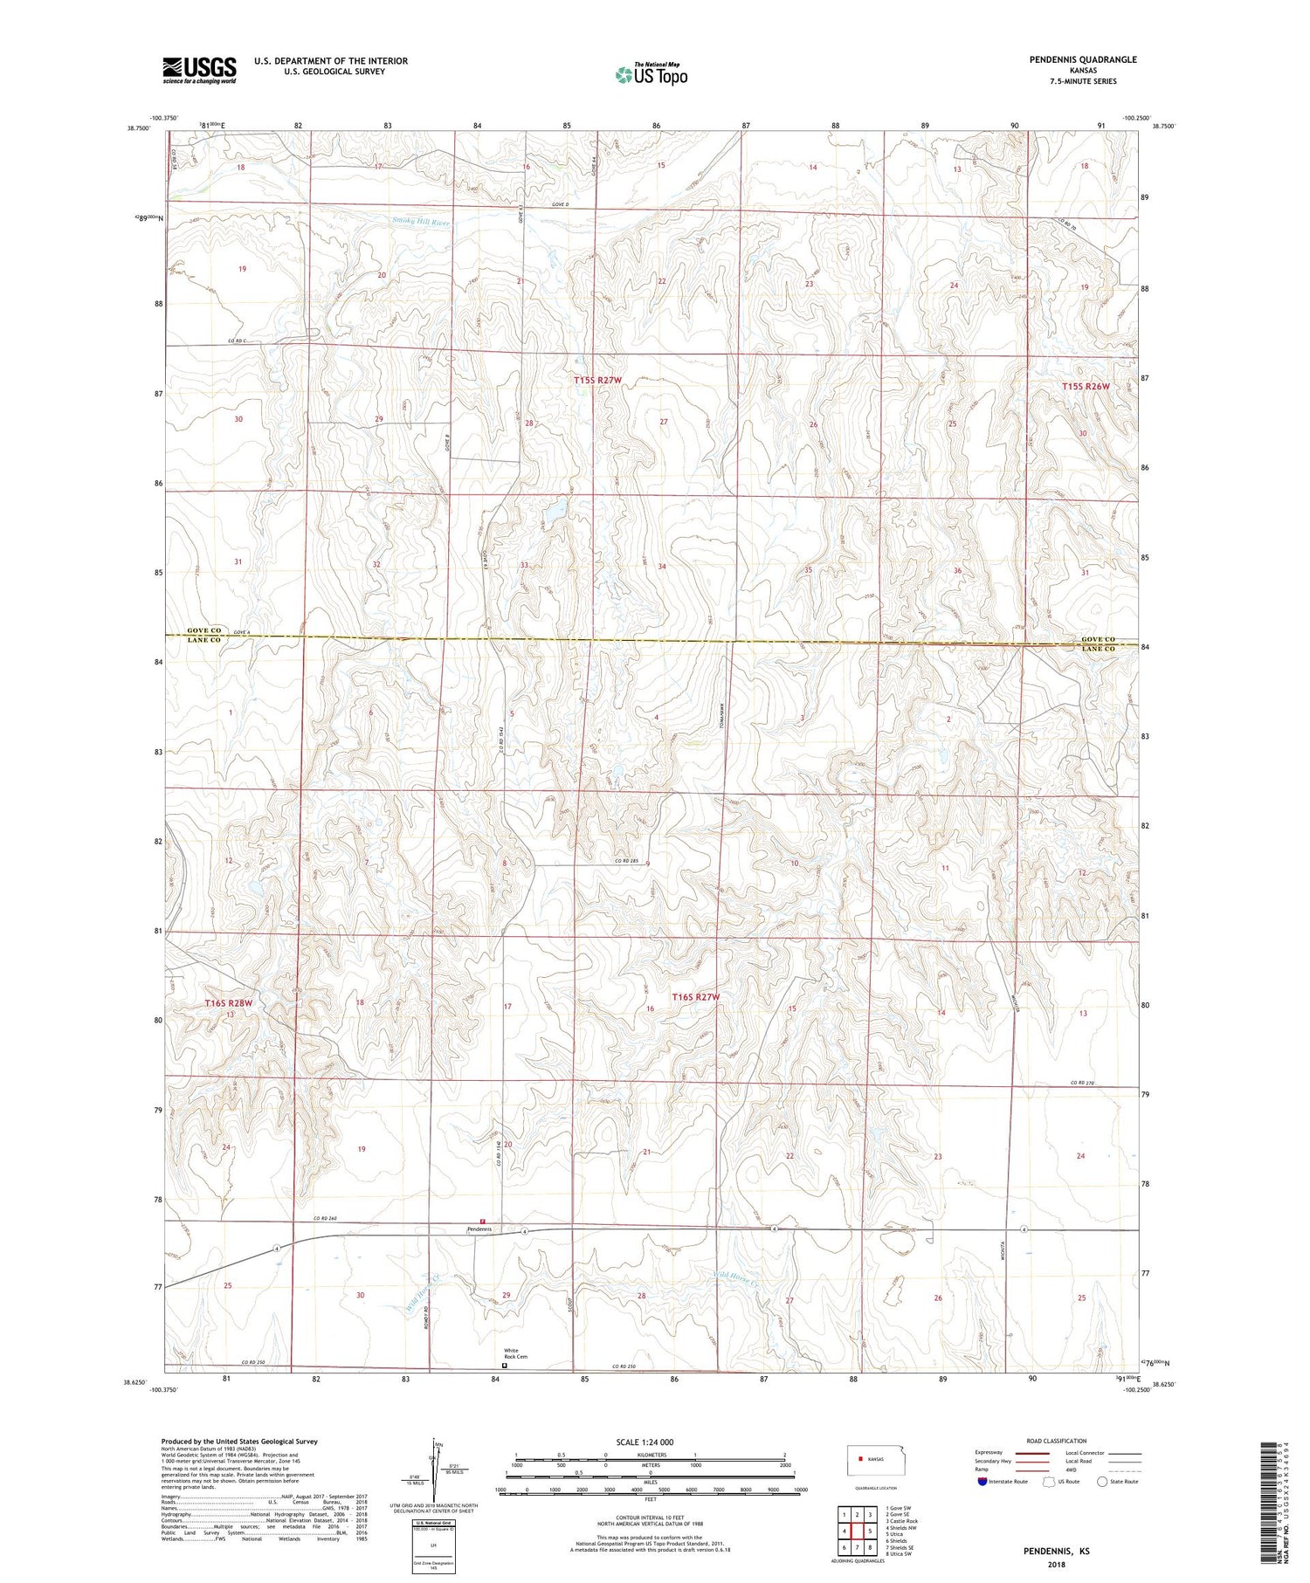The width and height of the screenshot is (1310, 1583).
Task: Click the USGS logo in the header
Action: click(x=199, y=70)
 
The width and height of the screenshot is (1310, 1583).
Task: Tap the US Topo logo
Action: click(x=651, y=75)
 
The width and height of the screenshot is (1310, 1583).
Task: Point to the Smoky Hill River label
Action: click(x=421, y=223)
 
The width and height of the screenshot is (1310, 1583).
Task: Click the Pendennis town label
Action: click(x=479, y=1229)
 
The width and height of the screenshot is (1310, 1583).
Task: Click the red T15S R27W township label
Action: click(x=598, y=381)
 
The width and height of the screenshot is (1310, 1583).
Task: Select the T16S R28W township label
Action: click(x=229, y=1003)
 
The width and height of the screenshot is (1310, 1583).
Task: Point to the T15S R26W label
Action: click(x=1086, y=386)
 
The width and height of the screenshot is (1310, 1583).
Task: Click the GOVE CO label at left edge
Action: click(x=205, y=630)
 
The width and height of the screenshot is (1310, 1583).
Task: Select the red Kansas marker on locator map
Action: click(x=860, y=1458)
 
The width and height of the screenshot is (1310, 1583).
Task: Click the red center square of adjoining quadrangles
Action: click(x=858, y=1531)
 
